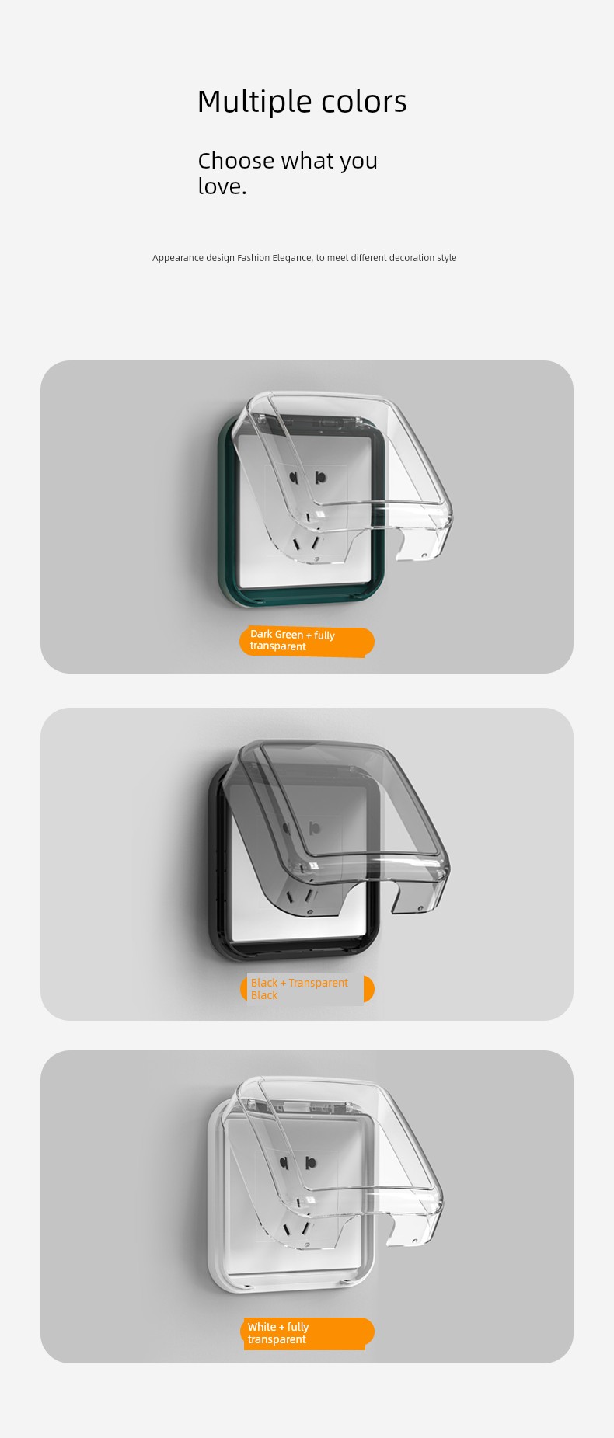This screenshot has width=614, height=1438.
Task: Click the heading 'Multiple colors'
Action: (x=302, y=102)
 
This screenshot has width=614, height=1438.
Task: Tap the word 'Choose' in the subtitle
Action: (x=236, y=161)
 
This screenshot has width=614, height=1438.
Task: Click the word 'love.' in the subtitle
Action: (x=222, y=186)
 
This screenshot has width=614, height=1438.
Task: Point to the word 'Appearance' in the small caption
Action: (x=178, y=258)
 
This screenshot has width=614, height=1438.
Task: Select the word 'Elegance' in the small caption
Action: (x=291, y=258)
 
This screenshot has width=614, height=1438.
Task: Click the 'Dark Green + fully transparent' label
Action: (x=307, y=641)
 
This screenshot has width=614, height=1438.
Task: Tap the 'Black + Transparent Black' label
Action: (x=307, y=989)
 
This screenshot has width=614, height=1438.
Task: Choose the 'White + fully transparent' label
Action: (x=307, y=1333)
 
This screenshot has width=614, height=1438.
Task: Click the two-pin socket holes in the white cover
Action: (x=299, y=1164)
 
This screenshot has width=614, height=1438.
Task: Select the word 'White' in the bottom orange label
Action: (x=262, y=1327)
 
